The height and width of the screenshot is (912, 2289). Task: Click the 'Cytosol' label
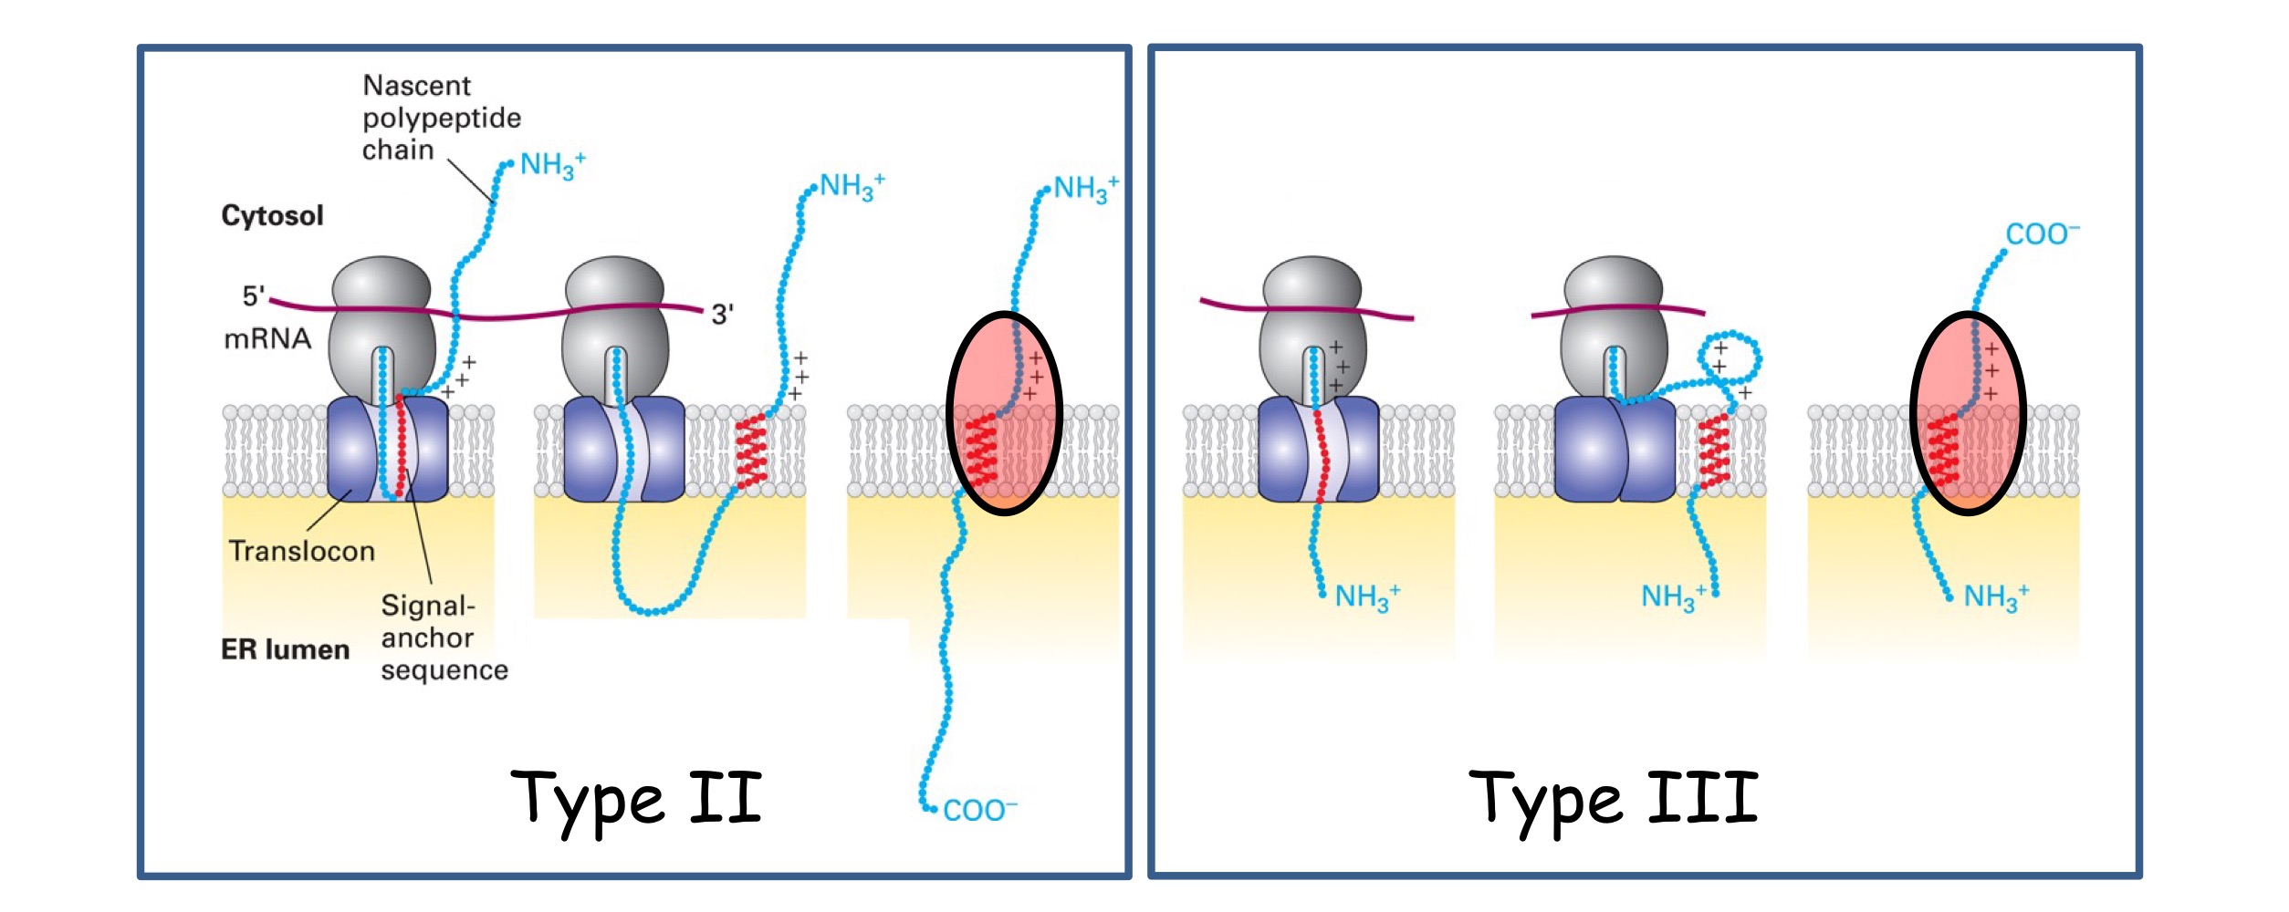point(272,216)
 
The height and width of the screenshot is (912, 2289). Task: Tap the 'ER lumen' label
point(285,649)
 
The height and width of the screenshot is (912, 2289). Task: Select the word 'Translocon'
point(301,551)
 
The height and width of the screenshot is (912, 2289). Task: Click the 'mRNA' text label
point(267,339)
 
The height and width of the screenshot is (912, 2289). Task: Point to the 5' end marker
point(253,295)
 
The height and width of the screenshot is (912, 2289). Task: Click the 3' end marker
point(722,315)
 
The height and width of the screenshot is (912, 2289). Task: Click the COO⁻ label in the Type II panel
point(979,810)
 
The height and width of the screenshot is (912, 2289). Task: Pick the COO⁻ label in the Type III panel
point(2042,234)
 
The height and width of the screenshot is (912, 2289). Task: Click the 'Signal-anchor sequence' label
point(444,638)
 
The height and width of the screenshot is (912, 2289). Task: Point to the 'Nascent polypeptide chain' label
point(441,118)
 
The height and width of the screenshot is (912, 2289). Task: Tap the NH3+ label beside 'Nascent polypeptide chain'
point(552,166)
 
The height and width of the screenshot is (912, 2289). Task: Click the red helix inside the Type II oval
point(981,449)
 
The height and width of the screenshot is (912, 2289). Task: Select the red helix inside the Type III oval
point(1943,449)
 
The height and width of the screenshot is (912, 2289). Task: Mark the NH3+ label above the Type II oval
point(1085,189)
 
